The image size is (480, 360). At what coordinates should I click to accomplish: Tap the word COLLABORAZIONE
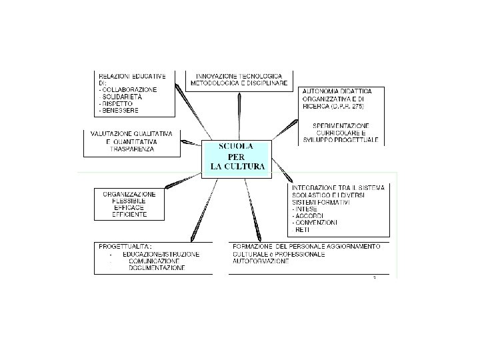coord(129,89)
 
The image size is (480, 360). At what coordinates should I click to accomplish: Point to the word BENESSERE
coord(121,111)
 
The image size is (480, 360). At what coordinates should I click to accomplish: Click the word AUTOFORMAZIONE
coord(261,261)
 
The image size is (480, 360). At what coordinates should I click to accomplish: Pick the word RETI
coord(301,229)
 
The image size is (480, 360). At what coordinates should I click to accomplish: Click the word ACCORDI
coord(309,215)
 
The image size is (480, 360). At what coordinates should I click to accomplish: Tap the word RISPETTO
coord(117,104)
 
